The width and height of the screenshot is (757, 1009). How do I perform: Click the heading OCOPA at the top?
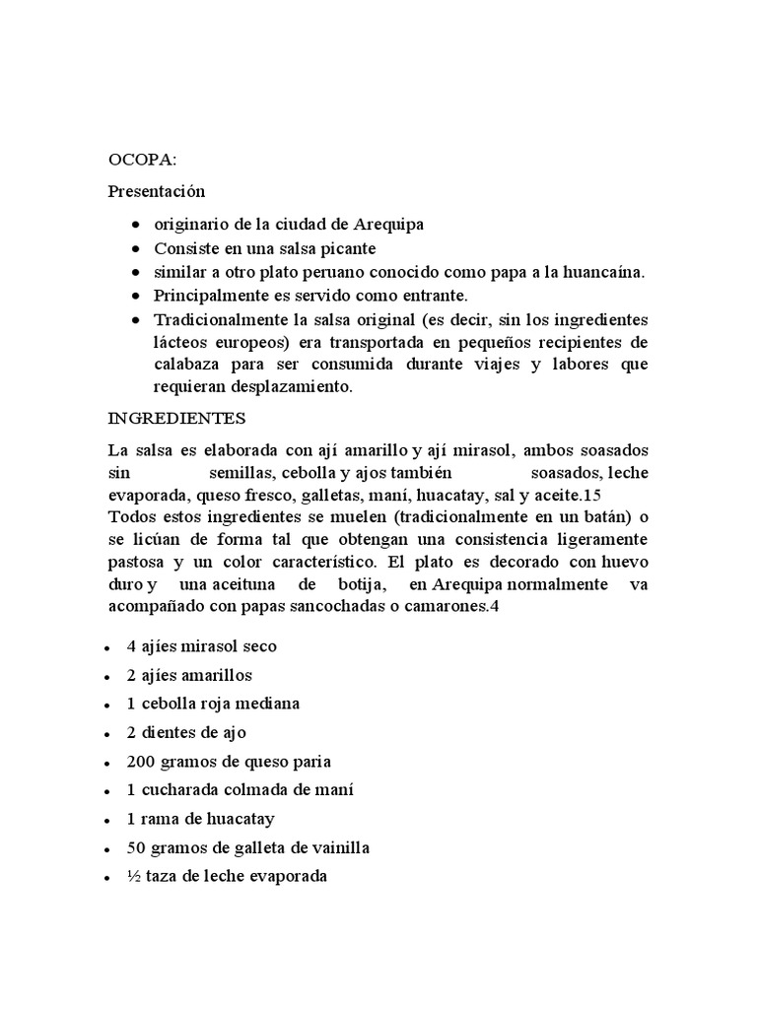point(137,158)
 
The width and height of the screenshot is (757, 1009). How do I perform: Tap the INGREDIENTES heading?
point(177,418)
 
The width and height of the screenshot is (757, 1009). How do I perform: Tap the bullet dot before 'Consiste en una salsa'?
point(135,249)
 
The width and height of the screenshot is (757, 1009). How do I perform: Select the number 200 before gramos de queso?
point(141,762)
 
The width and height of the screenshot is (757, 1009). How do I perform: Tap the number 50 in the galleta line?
point(137,847)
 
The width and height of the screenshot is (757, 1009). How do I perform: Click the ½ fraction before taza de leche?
point(134,876)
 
